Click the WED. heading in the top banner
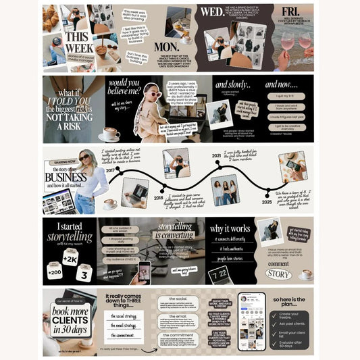(213, 13)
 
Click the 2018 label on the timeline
(158, 199)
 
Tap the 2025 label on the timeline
(267, 201)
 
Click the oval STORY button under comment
(278, 274)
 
